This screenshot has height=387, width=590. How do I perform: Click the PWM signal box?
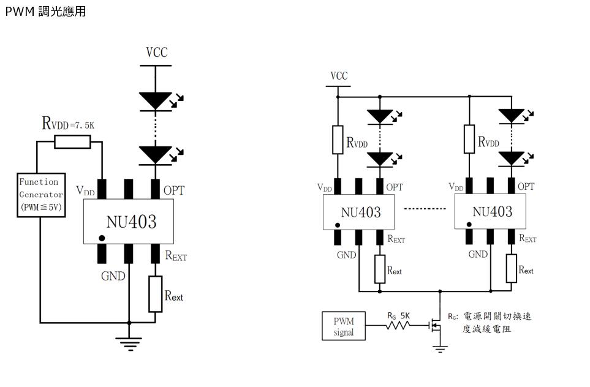(x=344, y=326)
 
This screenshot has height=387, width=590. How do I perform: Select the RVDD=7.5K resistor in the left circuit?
(x=72, y=142)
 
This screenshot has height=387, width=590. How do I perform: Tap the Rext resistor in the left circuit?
(x=156, y=294)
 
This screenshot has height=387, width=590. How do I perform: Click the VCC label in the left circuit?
(x=156, y=53)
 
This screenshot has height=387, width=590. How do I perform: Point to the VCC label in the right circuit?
(x=339, y=76)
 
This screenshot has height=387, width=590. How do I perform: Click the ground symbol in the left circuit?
(x=129, y=343)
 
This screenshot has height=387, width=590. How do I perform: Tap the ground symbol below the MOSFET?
(x=439, y=348)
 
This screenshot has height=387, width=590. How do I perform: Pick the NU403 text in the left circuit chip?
(x=131, y=221)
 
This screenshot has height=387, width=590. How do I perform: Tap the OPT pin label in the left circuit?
(x=174, y=190)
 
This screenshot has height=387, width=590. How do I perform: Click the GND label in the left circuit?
(x=113, y=276)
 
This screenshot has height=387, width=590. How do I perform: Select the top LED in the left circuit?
(x=156, y=100)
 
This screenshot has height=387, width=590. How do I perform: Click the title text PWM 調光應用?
(x=45, y=11)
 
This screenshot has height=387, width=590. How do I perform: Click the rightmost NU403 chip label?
(x=492, y=212)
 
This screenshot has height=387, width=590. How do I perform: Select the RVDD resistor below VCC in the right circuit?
(x=338, y=140)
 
